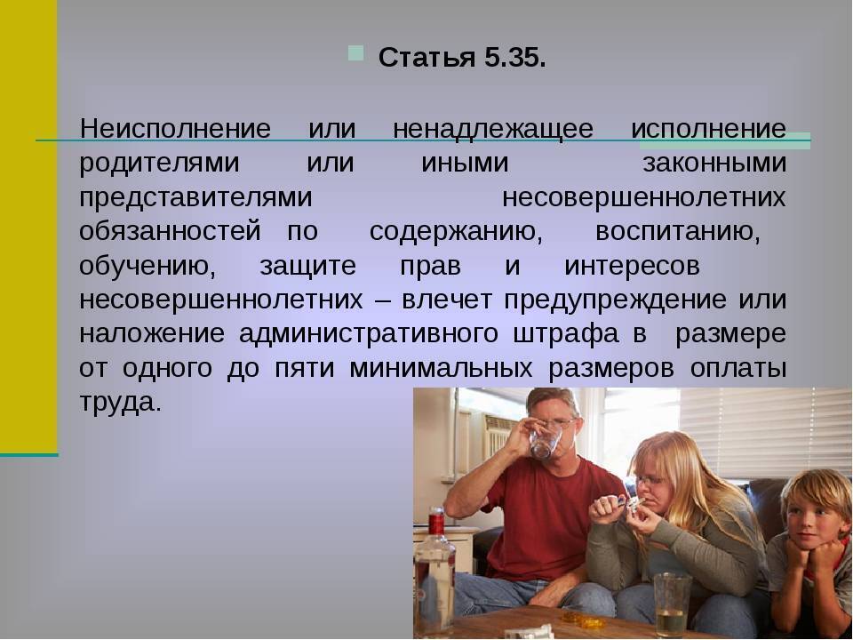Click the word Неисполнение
point(175,129)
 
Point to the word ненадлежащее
point(492,129)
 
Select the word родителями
point(159,164)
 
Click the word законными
point(713,164)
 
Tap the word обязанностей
point(170,231)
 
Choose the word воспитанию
point(677,231)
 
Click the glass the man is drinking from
point(543,439)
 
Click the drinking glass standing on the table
point(671,604)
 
